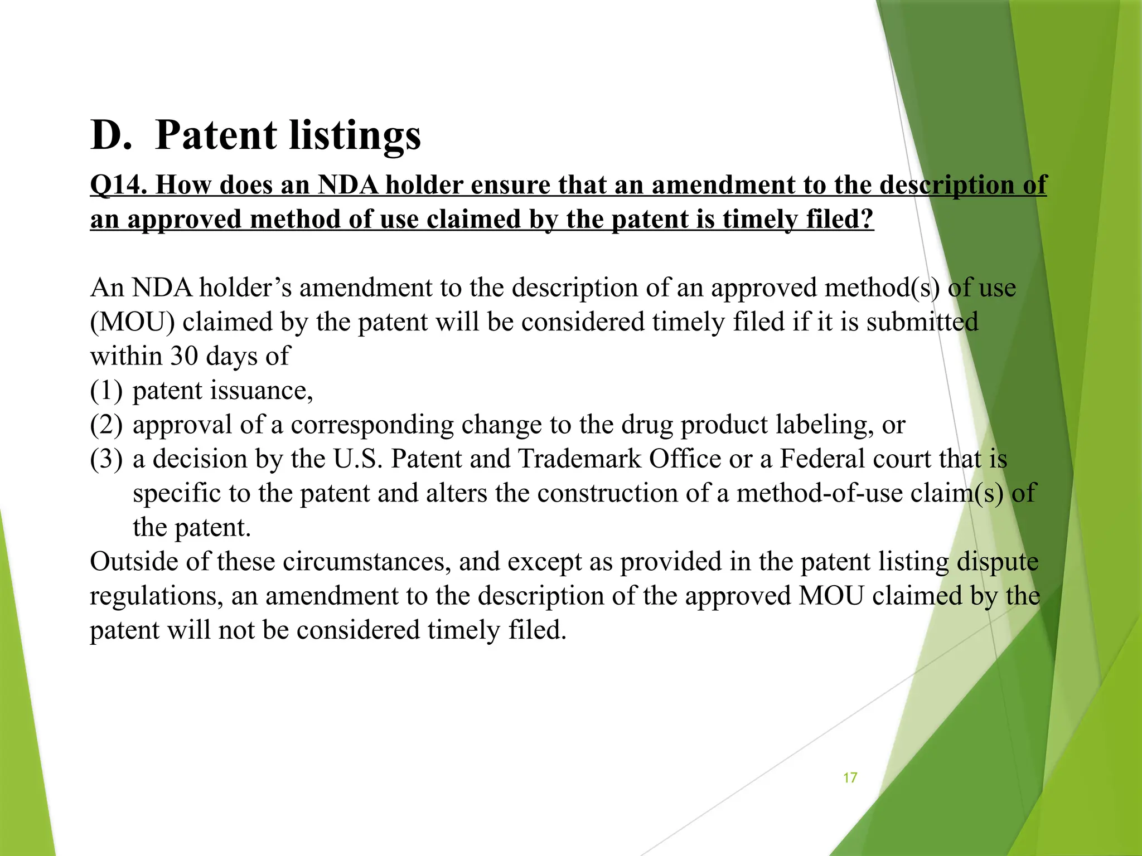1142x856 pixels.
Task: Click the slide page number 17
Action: [x=850, y=777]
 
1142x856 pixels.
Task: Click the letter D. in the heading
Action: [x=112, y=135]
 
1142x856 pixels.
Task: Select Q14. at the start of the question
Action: [x=118, y=185]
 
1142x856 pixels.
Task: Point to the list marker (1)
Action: [x=106, y=391]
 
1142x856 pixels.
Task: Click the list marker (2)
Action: [x=106, y=425]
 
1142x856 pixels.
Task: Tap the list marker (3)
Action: [x=106, y=459]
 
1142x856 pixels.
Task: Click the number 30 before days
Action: [x=185, y=356]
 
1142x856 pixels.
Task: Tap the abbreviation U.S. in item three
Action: [x=357, y=459]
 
